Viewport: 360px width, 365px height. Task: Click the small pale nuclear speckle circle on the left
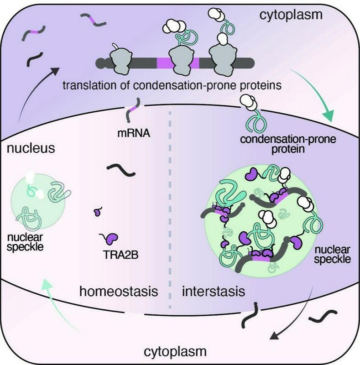point(36,201)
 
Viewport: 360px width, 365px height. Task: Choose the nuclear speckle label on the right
point(333,255)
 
